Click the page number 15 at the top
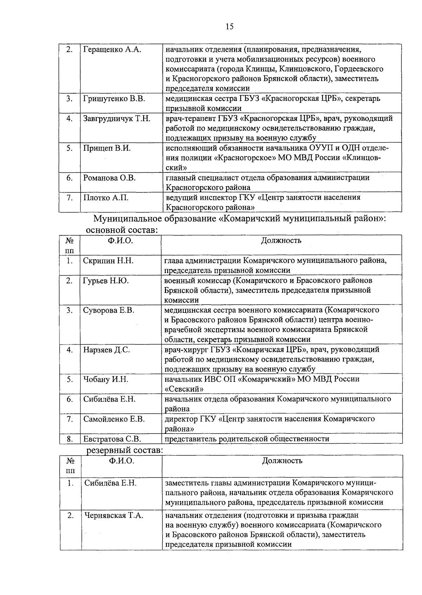pyautogui.click(x=230, y=27)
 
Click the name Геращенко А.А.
pyautogui.click(x=112, y=50)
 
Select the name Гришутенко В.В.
pyautogui.click(x=114, y=99)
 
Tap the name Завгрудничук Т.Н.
pyautogui.click(x=117, y=119)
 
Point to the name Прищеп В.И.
pyautogui.click(x=107, y=148)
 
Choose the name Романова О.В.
pyautogui.click(x=109, y=178)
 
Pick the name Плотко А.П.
pyautogui.click(x=106, y=198)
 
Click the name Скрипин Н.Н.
pyautogui.click(x=108, y=261)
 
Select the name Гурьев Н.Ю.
pyautogui.click(x=106, y=281)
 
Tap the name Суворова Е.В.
pyautogui.click(x=109, y=310)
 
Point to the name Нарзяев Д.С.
pyautogui.click(x=107, y=350)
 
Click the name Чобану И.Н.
pyautogui.click(x=105, y=379)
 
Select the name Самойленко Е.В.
pyautogui.click(x=114, y=419)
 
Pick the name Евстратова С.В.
pyautogui.click(x=112, y=439)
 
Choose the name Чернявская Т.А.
pyautogui.click(x=114, y=515)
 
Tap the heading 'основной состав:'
pyautogui.click(x=121, y=230)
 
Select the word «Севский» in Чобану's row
pyautogui.click(x=184, y=389)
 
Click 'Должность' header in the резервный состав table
pyautogui.click(x=282, y=461)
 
